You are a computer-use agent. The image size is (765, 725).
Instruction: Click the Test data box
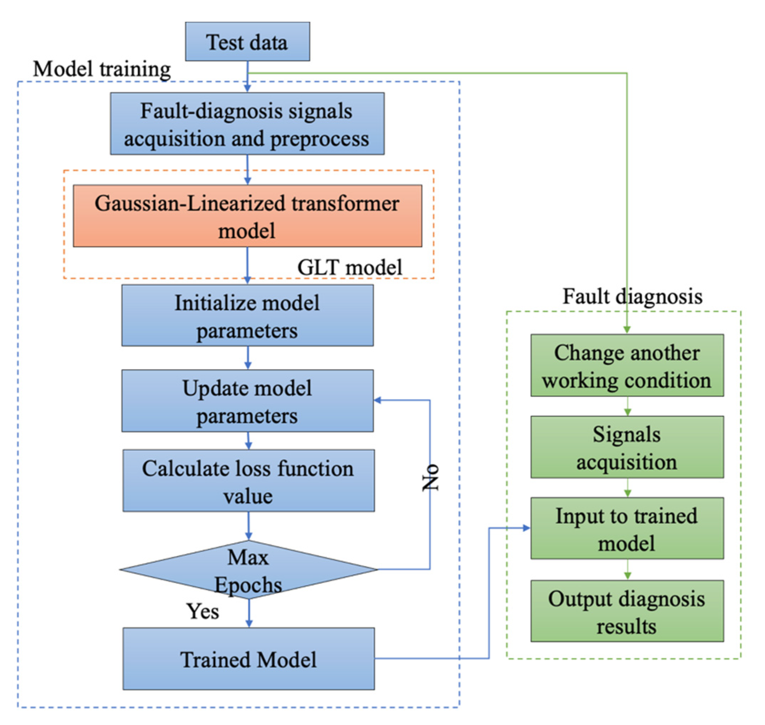247,41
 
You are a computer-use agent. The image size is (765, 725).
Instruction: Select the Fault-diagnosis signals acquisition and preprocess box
247,124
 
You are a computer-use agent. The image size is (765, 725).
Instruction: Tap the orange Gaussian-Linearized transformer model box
247,216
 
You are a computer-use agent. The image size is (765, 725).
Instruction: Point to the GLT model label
349,267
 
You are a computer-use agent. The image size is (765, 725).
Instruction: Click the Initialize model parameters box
247,316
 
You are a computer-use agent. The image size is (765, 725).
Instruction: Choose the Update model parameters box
247,401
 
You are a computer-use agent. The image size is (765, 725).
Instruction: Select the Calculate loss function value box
248,481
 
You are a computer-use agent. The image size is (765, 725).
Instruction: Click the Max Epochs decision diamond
248,570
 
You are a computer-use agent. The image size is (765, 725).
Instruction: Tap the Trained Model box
248,659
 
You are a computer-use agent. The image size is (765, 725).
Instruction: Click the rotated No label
430,478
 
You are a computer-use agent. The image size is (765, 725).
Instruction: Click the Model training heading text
102,70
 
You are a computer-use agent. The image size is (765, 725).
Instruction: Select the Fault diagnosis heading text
632,297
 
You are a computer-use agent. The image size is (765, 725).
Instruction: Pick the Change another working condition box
627,366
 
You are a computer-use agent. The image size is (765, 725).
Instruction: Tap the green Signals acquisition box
627,448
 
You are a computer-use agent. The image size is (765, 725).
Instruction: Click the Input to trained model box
627,529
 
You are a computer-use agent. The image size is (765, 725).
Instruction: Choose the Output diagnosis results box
627,611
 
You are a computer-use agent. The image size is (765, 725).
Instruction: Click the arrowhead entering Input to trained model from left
526,528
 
